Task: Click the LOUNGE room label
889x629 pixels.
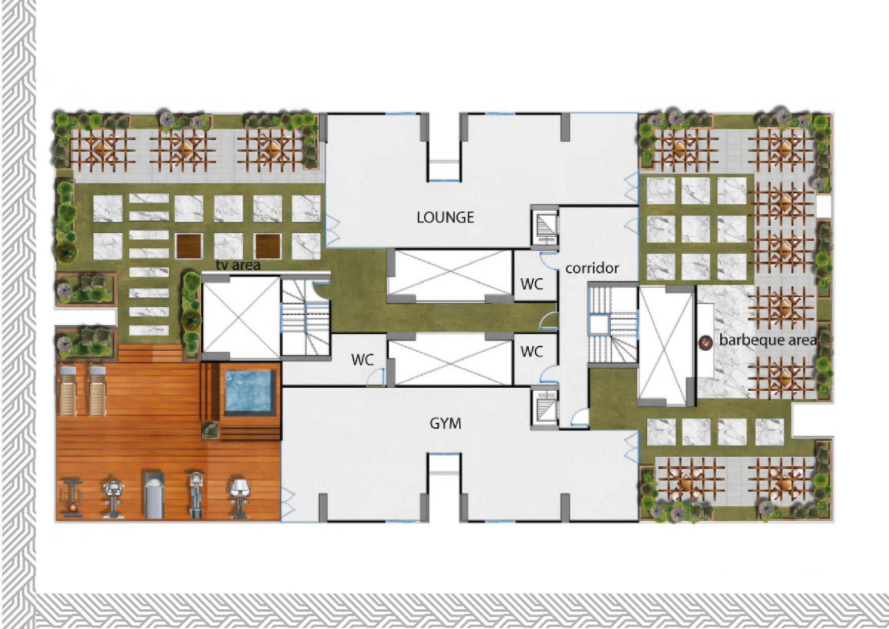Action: [x=445, y=217]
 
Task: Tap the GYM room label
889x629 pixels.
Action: [x=446, y=423]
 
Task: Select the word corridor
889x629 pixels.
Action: [x=592, y=268]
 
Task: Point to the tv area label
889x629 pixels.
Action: [x=238, y=265]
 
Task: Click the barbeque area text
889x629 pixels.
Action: [x=768, y=340]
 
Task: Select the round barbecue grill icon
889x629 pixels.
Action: [x=706, y=343]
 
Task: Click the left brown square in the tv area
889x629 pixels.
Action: [x=189, y=246]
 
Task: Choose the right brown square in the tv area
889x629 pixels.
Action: [x=268, y=246]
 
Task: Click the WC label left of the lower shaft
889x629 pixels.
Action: [x=362, y=360]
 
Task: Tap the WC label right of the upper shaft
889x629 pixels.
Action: [x=531, y=284]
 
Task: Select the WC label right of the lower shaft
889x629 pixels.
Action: [x=531, y=351]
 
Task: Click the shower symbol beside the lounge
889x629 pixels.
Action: [x=545, y=227]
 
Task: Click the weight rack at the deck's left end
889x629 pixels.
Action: [x=72, y=498]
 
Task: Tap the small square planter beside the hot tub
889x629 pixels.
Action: [x=210, y=430]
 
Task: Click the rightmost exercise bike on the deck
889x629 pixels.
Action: [x=239, y=498]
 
